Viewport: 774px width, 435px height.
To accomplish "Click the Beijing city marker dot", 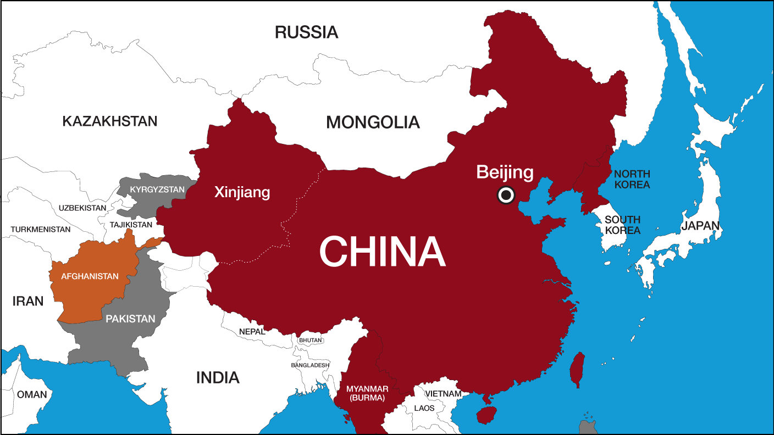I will tap(505, 195).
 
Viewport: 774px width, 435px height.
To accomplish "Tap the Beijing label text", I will tap(505, 172).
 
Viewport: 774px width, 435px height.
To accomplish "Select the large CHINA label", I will tap(382, 252).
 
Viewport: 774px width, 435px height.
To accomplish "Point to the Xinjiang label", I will tap(242, 192).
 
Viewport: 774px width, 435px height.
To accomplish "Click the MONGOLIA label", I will tap(373, 122).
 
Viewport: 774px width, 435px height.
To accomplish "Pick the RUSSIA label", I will tap(306, 32).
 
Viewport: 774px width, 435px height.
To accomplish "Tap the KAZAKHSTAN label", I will tap(109, 121).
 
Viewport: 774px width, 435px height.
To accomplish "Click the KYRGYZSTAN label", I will tap(150, 189).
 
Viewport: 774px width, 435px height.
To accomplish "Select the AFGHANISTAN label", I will tap(90, 276).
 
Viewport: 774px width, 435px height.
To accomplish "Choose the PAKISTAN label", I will tap(130, 319).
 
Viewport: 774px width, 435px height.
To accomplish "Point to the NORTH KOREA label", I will tap(632, 179).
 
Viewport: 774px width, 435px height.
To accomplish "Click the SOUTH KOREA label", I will tap(622, 225).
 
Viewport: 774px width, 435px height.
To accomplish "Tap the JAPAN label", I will tap(700, 226).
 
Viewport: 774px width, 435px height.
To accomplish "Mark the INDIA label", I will tap(218, 377).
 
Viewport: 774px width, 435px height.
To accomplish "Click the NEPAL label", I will tap(252, 332).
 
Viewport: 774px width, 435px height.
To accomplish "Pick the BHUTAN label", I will tap(311, 341).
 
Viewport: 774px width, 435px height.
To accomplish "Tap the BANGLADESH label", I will tap(311, 365).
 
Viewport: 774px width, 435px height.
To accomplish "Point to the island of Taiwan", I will tap(577, 369).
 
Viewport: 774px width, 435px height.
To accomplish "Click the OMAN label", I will tap(32, 394).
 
